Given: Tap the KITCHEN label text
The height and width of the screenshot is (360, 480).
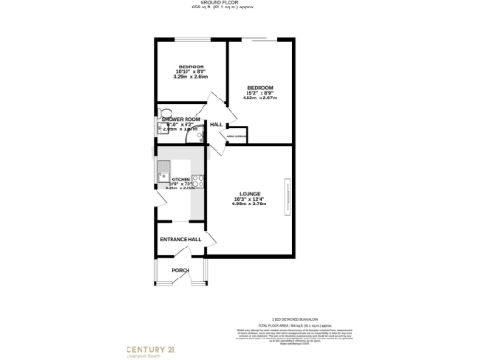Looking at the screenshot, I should click(x=181, y=178).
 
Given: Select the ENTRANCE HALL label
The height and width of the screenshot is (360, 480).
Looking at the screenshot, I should click(x=181, y=240).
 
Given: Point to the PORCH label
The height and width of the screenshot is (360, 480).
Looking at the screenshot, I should click(x=180, y=270).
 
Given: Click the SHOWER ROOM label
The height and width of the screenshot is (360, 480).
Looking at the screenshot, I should click(x=181, y=119).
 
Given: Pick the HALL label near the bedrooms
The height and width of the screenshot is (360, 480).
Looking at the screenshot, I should click(x=216, y=125).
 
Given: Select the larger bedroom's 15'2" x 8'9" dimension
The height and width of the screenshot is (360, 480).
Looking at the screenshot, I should click(x=260, y=92).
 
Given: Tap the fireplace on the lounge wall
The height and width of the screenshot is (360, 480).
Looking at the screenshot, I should click(x=289, y=196).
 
